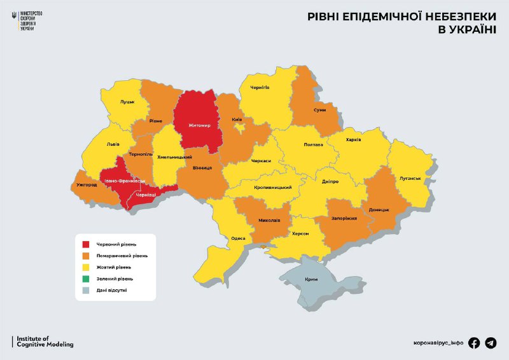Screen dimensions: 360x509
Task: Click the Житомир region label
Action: (x=199, y=125)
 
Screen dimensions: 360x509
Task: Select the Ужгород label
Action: (x=87, y=184)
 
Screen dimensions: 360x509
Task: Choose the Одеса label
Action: (x=238, y=238)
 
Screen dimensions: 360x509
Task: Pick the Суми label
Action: (x=320, y=110)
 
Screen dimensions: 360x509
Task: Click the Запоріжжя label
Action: (x=344, y=218)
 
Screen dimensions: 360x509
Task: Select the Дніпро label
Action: (x=330, y=181)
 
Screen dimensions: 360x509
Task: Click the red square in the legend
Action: (x=86, y=244)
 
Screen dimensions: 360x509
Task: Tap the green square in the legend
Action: (x=86, y=279)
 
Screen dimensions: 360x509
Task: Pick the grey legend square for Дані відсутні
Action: (x=86, y=291)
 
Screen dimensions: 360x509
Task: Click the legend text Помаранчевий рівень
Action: (x=122, y=256)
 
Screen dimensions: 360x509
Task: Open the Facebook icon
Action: (x=474, y=343)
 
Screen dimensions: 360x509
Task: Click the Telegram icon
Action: (x=491, y=343)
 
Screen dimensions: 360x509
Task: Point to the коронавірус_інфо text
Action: (x=438, y=343)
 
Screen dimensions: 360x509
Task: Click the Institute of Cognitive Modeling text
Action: (x=45, y=342)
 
